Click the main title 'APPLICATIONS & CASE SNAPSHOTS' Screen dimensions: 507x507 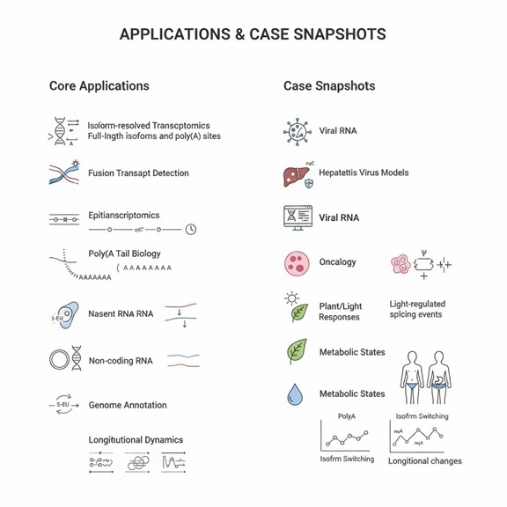click(x=253, y=34)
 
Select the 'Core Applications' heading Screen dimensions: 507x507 click(x=99, y=86)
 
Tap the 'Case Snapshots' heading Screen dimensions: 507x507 click(x=329, y=86)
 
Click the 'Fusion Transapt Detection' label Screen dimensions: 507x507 click(x=138, y=173)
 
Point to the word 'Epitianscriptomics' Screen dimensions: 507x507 click(x=124, y=215)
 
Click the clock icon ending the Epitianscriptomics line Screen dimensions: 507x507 click(x=191, y=230)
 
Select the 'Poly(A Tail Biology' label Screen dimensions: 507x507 click(x=124, y=253)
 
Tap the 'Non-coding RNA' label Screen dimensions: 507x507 click(x=121, y=360)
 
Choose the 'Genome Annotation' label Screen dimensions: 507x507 click(x=128, y=406)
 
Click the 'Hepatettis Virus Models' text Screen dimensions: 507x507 click(x=364, y=173)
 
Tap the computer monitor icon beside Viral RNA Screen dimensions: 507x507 click(x=298, y=217)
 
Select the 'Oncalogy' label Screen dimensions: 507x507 click(x=338, y=261)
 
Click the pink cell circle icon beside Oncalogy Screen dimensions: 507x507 click(x=297, y=262)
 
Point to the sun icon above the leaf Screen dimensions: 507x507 click(x=292, y=299)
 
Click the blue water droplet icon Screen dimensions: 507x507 click(x=295, y=394)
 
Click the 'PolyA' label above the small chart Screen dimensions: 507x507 click(x=347, y=416)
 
